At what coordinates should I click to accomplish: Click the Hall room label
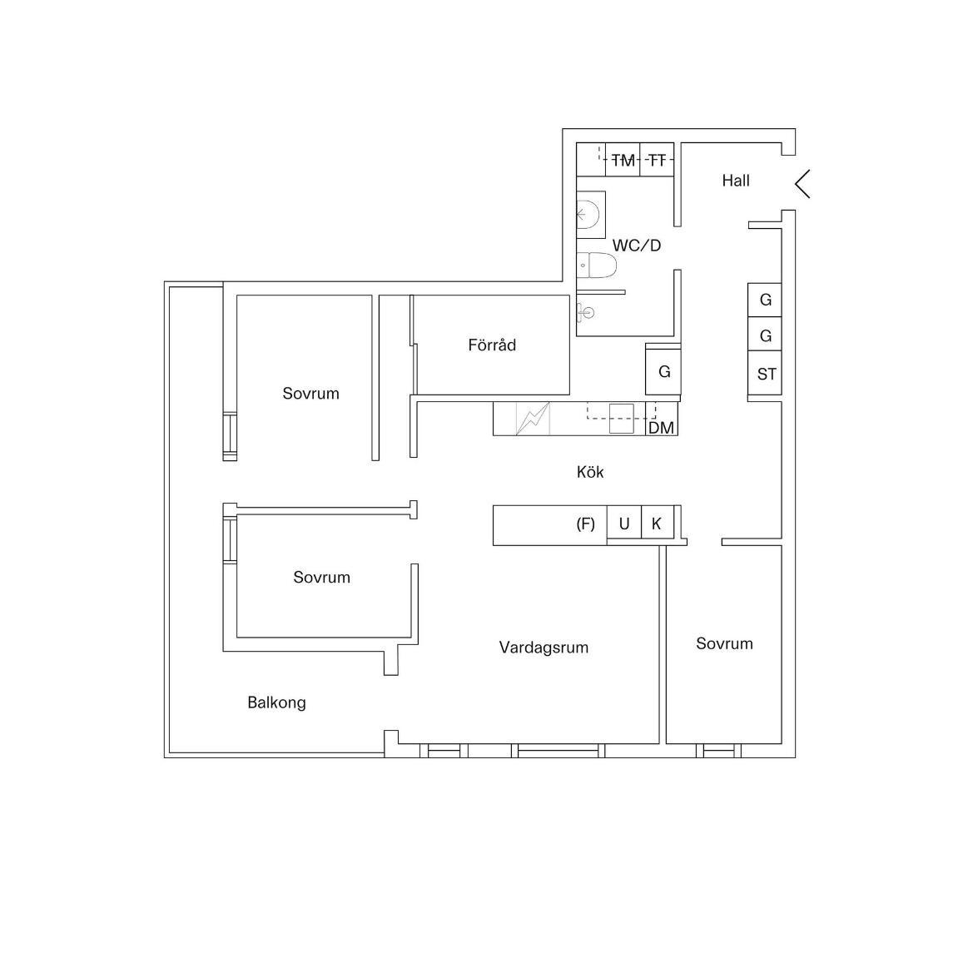tap(735, 181)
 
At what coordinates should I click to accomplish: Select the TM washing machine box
tap(623, 160)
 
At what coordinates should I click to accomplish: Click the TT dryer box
tap(657, 160)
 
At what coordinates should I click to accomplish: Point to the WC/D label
tap(637, 246)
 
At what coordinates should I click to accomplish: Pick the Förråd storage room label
tap(492, 345)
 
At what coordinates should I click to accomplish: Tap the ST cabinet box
tap(764, 374)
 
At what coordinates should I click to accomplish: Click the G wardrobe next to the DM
tap(663, 372)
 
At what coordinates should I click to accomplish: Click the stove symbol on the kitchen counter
tap(533, 419)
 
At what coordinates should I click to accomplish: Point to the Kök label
tap(589, 472)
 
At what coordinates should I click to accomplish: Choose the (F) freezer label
tap(586, 524)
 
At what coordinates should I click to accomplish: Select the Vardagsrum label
tap(544, 648)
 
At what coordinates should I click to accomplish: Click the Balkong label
tap(277, 703)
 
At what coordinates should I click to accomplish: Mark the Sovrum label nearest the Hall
tap(724, 643)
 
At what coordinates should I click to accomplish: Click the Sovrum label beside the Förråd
tap(311, 394)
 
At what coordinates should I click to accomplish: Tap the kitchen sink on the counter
tap(621, 418)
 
